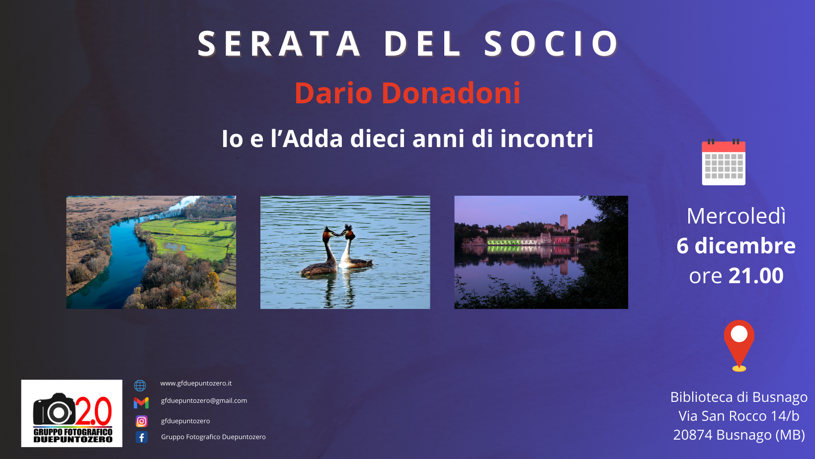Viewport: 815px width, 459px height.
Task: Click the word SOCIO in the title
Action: click(x=551, y=44)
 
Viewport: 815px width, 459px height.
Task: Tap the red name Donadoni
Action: click(x=451, y=93)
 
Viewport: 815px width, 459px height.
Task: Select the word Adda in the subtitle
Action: click(x=313, y=139)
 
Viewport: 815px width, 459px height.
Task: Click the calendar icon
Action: click(x=724, y=162)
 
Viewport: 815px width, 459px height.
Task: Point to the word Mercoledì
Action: click(x=736, y=216)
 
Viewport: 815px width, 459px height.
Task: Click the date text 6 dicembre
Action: click(x=736, y=246)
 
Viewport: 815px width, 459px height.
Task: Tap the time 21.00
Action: click(x=756, y=276)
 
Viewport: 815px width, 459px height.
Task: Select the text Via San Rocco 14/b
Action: click(x=738, y=416)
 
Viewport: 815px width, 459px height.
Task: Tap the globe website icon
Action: click(x=140, y=385)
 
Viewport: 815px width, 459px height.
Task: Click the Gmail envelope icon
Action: click(x=141, y=403)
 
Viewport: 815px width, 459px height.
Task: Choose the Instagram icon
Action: click(x=142, y=421)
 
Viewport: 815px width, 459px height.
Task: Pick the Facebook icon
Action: click(x=142, y=437)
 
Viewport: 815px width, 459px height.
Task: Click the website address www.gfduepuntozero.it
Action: click(x=196, y=383)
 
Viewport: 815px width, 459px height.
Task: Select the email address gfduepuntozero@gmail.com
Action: click(x=204, y=401)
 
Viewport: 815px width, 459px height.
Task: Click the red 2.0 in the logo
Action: click(x=93, y=411)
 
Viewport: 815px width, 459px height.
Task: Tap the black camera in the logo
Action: click(x=54, y=409)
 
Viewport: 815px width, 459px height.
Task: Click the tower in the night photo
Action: click(x=564, y=222)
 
